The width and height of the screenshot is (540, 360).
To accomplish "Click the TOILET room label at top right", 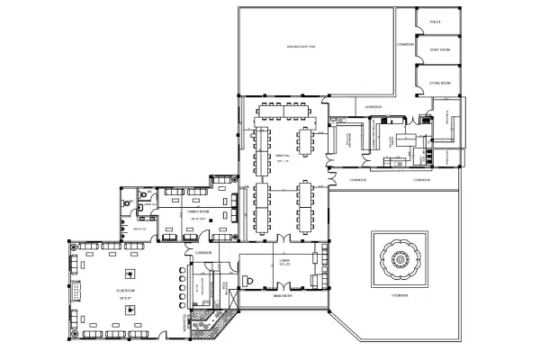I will pos(435,22).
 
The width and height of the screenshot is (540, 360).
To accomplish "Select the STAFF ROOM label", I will pos(438,49).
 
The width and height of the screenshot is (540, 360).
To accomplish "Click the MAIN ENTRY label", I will pos(282,295).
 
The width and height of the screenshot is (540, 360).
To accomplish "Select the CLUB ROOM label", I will pos(125,290).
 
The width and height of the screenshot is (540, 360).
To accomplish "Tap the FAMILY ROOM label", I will pos(198,212).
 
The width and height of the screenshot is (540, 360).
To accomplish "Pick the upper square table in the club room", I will pos(130,274).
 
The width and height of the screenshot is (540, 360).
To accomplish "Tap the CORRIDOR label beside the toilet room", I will pos(404,43).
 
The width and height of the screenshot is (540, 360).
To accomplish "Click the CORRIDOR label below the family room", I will pos(202,253).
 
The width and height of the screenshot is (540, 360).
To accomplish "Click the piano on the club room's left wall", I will pos(76,291).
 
